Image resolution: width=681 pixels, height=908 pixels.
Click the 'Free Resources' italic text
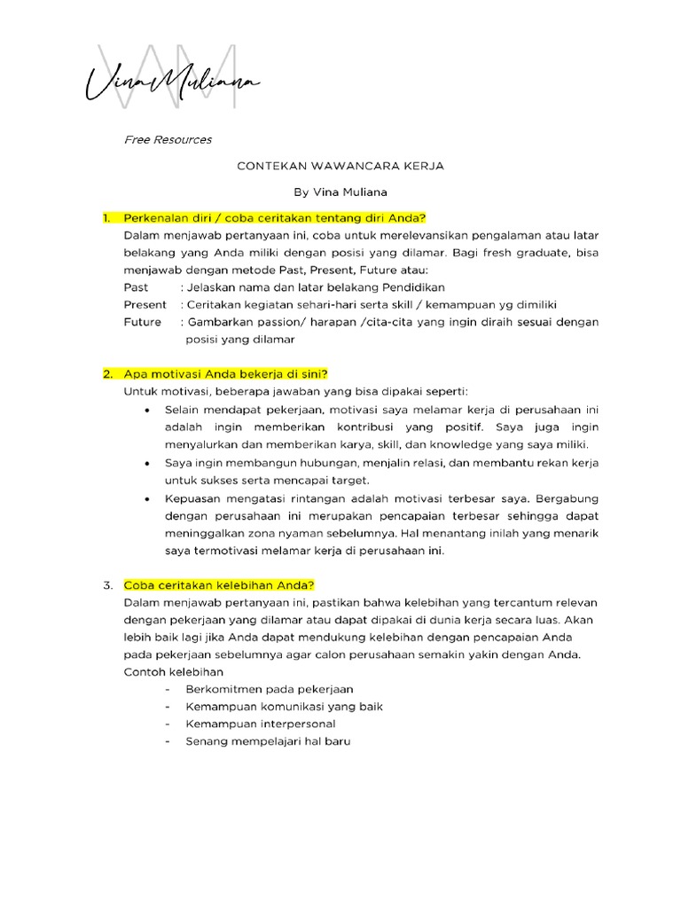(168, 140)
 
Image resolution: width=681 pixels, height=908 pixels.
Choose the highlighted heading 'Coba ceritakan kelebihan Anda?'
(219, 585)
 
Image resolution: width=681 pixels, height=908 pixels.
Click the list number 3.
(107, 585)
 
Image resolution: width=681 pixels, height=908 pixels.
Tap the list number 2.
(107, 373)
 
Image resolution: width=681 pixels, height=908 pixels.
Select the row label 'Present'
(145, 304)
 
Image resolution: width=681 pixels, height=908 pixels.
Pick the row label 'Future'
(142, 322)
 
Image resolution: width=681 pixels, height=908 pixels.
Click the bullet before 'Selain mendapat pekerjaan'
(146, 411)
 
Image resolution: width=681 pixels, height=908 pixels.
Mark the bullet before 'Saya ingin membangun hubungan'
(146, 463)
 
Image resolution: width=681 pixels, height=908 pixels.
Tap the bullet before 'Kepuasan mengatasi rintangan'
(146, 498)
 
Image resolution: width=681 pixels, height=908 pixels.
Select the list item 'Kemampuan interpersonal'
(261, 724)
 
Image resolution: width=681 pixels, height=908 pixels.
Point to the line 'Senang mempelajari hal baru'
(268, 741)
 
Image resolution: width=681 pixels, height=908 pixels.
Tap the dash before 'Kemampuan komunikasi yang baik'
(168, 707)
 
